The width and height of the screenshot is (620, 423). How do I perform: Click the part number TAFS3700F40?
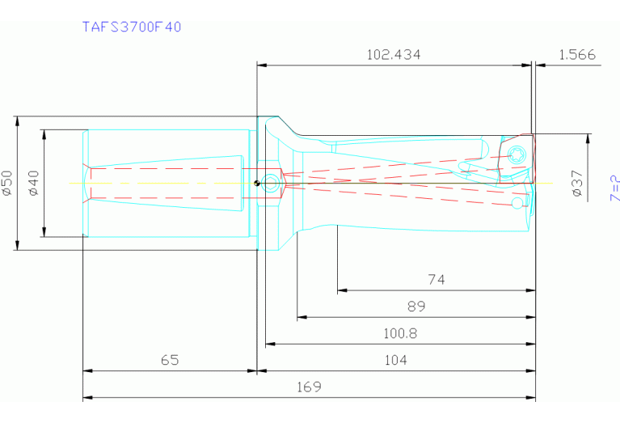coord(132,27)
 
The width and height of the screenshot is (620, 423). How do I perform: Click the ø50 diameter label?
coord(7,184)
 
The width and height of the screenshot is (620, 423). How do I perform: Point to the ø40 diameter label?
coord(33,184)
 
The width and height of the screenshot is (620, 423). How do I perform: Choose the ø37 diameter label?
coord(576,184)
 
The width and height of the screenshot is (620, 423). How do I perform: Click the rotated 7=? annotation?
coord(614,188)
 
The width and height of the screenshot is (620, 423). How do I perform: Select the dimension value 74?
coord(437,280)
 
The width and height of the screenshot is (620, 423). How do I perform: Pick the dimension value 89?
coord(416,307)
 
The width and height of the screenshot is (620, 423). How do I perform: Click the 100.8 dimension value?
coord(399,333)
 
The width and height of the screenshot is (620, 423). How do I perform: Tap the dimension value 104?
coord(396,360)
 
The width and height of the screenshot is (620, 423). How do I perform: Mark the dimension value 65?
coord(169,360)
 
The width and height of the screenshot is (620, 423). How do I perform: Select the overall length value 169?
coord(309,387)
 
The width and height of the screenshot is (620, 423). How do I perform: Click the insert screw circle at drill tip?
coord(518,153)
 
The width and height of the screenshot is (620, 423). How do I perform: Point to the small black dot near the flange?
coord(256,182)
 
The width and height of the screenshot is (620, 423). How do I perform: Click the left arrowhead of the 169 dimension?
coord(86,397)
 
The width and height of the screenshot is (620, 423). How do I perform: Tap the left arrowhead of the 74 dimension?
coord(340,290)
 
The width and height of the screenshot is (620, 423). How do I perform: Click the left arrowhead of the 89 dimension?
coord(301,317)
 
